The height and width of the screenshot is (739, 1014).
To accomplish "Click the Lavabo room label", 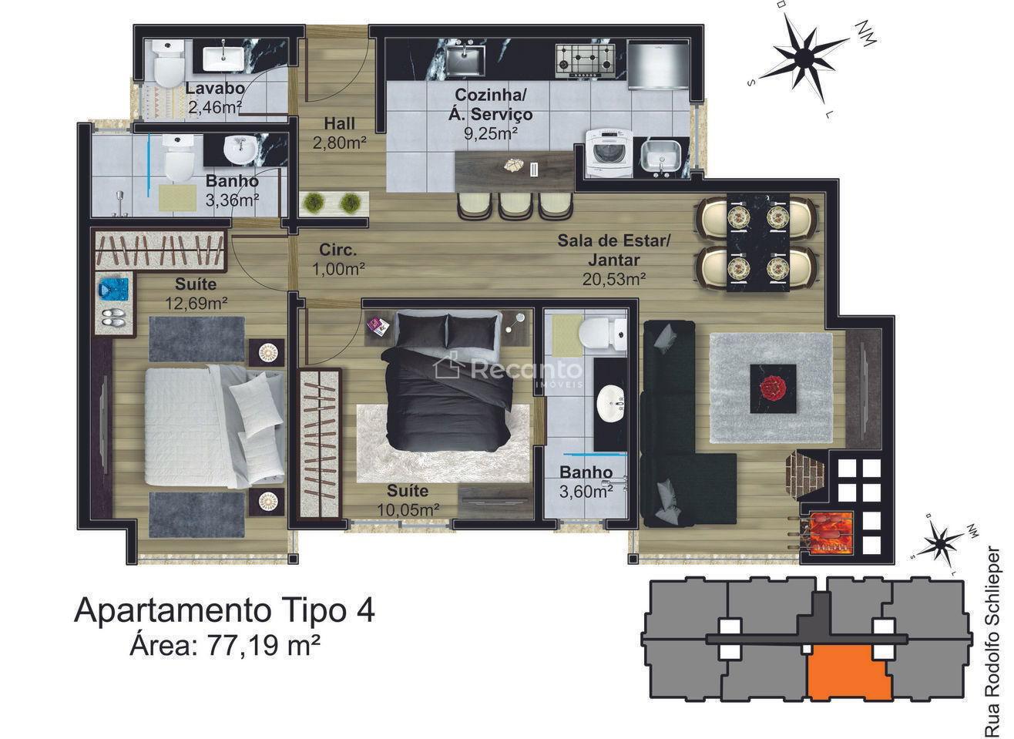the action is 215,88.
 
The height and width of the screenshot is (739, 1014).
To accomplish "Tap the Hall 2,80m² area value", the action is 340,143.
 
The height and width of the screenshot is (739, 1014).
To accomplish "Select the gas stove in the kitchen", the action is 585,59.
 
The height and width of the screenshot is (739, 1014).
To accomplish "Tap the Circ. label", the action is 337,250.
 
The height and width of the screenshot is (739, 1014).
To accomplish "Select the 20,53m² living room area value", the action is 614,279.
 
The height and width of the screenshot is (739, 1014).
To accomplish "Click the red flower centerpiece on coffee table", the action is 773,388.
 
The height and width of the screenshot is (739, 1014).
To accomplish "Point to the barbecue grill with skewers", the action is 824,533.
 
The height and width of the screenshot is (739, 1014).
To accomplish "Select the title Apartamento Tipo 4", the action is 224,611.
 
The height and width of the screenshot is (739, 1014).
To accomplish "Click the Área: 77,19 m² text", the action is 225,644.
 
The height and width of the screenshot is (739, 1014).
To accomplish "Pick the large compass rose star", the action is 803,56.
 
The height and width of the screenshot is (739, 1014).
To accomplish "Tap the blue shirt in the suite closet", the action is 113,289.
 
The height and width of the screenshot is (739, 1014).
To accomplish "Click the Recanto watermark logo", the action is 507,371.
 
